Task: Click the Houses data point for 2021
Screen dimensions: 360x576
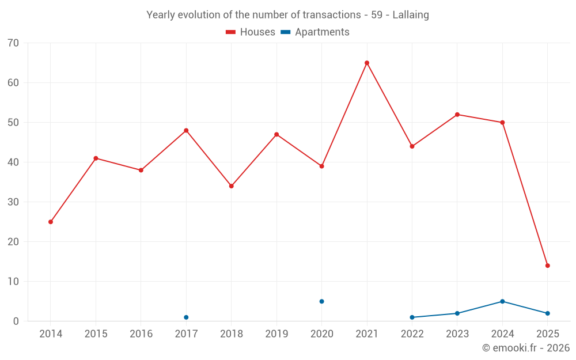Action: [367, 63]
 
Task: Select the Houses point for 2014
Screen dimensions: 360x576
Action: [51, 222]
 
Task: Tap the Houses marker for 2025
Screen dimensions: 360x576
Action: [548, 266]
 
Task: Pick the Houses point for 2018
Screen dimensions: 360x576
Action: [232, 186]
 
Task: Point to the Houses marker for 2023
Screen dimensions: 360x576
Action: [457, 115]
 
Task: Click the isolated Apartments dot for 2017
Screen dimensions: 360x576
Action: [186, 317]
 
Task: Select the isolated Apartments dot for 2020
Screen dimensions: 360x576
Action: [322, 301]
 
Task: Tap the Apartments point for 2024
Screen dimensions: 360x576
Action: [503, 301]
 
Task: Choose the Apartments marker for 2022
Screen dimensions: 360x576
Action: [412, 317]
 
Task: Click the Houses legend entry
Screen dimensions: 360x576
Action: [251, 32]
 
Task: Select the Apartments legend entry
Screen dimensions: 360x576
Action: [315, 32]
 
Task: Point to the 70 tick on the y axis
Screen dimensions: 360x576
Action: [13, 43]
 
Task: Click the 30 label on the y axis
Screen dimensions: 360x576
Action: [13, 202]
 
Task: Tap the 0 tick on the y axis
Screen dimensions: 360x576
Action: [16, 321]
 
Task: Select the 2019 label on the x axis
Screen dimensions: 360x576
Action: [276, 334]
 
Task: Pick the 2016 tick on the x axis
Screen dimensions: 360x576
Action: [141, 334]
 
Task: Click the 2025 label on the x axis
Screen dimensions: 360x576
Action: [548, 334]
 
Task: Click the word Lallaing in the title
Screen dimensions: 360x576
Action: [411, 15]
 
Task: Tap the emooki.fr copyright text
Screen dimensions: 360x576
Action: [526, 348]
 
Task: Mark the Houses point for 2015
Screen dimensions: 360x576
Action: [96, 158]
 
